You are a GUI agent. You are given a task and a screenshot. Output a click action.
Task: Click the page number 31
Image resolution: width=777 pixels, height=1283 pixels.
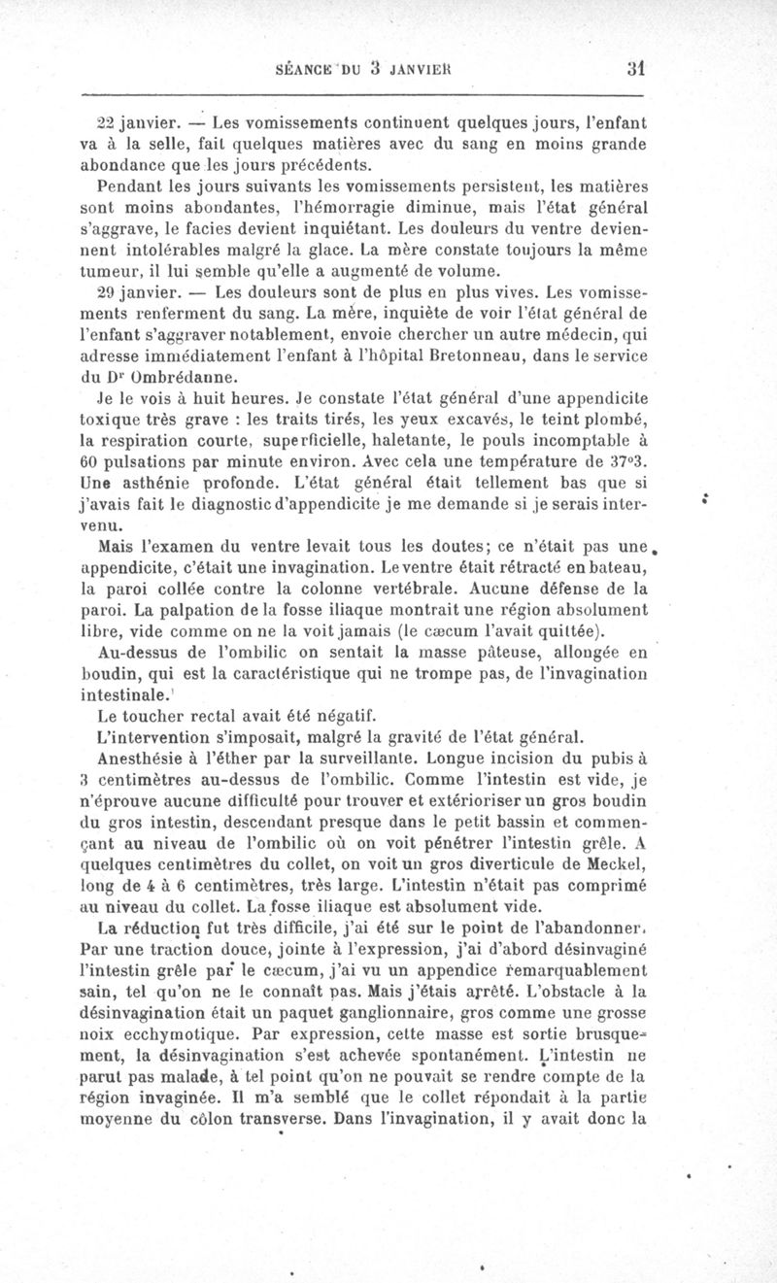click(636, 69)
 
